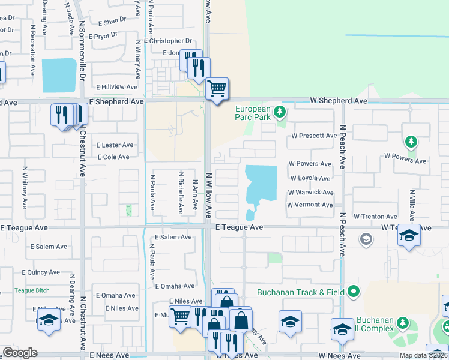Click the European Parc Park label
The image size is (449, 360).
253,113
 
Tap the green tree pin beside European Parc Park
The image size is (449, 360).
279,112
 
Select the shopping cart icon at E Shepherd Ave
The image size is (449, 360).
217,89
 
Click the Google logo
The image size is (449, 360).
20,353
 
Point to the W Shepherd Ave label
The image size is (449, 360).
339,101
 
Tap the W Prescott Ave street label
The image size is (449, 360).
314,136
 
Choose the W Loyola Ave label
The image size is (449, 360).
310,178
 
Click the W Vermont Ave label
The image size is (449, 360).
310,205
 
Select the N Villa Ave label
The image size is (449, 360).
412,203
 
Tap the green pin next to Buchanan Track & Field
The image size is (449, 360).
353,292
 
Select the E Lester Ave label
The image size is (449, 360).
115,145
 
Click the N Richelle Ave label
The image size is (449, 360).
180,193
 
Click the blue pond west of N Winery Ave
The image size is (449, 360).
59,76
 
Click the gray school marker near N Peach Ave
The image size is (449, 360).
365,240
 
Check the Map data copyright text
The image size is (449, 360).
424,355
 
